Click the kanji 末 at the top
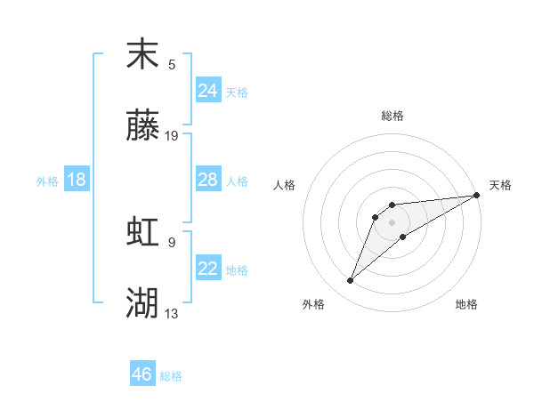pos(142,55)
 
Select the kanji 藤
pos(142,127)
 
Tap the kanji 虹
pos(142,232)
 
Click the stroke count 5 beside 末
pos(172,64)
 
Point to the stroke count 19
pos(172,136)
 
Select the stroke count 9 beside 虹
pos(172,241)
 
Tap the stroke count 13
pos(172,313)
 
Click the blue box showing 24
pos(207,90)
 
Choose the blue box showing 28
pos(207,180)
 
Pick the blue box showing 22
pos(207,269)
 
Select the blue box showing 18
pos(77,180)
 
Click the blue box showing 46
pos(142,374)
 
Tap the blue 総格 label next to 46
pos(171,376)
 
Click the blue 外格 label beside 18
pos(47,181)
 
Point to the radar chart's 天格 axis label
pos(500,185)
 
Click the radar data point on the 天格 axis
pos(477,196)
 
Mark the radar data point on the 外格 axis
pos(351,281)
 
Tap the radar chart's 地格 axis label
pos(466,304)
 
